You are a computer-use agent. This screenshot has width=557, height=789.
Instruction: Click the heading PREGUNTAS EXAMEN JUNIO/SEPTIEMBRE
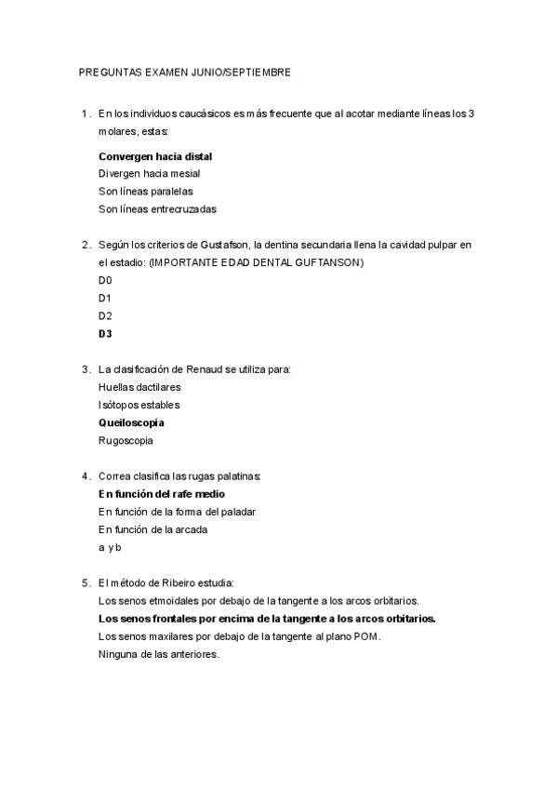coord(185,71)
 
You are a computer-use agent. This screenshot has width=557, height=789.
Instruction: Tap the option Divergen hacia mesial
coord(149,173)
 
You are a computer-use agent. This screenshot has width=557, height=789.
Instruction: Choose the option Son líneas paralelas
coord(145,191)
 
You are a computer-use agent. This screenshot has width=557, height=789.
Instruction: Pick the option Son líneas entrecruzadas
coord(156,208)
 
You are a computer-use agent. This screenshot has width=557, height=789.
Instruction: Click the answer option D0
coord(104,280)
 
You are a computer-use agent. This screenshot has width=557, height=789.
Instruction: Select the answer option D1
coord(104,298)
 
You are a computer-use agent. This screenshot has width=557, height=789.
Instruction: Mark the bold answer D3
coord(104,333)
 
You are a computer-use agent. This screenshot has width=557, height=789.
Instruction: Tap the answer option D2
coord(104,315)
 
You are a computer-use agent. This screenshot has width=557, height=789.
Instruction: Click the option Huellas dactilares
coord(139,386)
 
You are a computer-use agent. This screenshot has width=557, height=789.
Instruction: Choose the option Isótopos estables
coord(139,405)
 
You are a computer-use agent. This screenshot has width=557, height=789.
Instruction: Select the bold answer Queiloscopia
coord(131,422)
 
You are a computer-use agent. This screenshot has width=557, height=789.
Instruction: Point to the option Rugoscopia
coord(126,440)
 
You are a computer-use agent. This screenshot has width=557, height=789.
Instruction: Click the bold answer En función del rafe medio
coord(161,494)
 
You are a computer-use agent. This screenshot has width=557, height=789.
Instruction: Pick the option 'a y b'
coord(110,547)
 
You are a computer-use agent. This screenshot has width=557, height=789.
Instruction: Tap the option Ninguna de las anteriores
coord(158,654)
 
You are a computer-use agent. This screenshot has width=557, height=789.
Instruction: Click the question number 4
coord(86,476)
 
